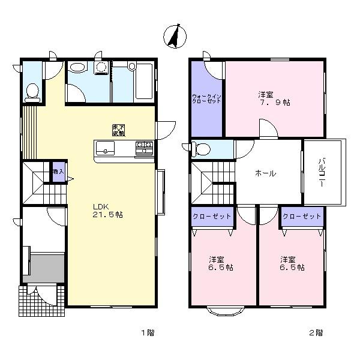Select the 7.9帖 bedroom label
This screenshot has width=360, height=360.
tap(274, 98)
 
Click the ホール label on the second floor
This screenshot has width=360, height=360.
tap(265, 173)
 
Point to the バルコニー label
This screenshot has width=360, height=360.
tap(322, 172)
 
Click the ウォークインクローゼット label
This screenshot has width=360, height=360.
tap(206, 98)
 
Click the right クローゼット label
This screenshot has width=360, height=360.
tap(302, 216)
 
